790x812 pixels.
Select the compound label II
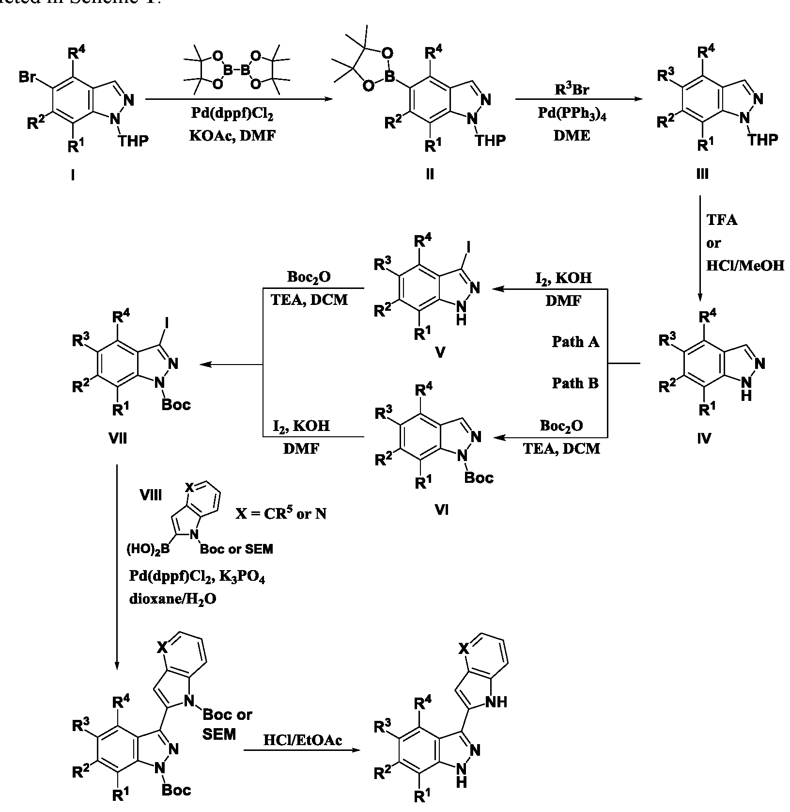430,174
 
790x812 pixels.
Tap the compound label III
702,174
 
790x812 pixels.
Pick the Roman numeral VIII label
151,494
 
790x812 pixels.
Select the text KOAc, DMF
233,136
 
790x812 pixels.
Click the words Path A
575,342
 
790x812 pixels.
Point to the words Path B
575,383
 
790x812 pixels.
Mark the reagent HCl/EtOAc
303,740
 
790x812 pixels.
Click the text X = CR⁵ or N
281,514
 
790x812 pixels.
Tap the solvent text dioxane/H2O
172,599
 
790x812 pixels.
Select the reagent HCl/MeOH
745,265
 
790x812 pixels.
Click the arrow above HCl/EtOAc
303,751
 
